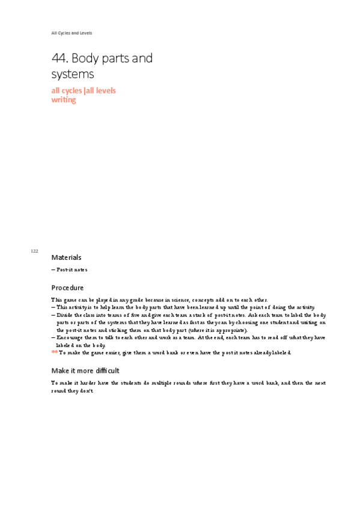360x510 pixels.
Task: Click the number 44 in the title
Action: click(x=60, y=58)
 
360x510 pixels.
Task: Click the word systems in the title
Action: click(x=73, y=74)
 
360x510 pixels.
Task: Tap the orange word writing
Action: click(x=64, y=100)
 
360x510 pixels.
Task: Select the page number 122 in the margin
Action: click(x=34, y=251)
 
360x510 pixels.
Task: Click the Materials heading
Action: click(x=66, y=257)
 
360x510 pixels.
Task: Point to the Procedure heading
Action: click(x=67, y=287)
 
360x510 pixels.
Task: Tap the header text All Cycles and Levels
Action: click(x=72, y=32)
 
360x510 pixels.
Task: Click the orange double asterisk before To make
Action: click(x=54, y=352)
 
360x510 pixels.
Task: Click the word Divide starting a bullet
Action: click(x=65, y=315)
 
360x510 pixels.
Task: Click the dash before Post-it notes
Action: click(x=53, y=270)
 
